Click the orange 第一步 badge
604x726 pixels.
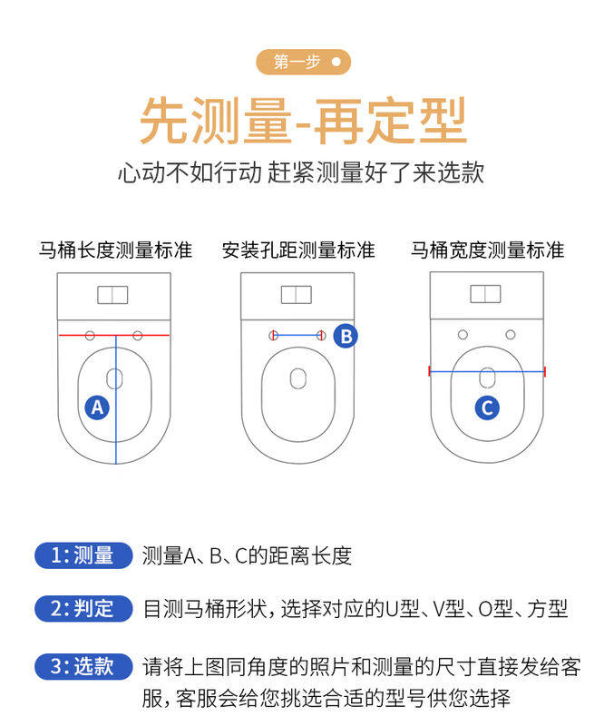pos(302,62)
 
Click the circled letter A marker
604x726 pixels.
pos(98,407)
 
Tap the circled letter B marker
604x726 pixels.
pos(346,336)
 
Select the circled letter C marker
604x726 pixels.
pos(487,407)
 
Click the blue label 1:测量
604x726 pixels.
pos(83,555)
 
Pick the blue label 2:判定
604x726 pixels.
pos(83,609)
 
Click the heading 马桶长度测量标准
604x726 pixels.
pos(114,250)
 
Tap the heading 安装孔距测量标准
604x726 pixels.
pos(298,250)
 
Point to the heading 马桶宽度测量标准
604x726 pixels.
pos(487,250)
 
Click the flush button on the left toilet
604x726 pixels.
pos(113,295)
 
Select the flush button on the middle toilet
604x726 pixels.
pos(296,295)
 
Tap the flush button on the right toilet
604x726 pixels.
pos(485,294)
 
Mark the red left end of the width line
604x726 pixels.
pos(430,370)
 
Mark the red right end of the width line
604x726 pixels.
pos(544,370)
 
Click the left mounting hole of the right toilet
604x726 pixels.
pos(463,335)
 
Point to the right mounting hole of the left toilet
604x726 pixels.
pos(138,336)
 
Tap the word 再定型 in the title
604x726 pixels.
pos(390,120)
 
